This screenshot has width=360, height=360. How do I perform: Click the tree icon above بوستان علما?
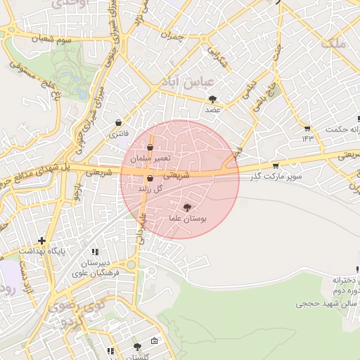[186, 207]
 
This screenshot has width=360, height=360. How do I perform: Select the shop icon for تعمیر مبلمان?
[150, 148]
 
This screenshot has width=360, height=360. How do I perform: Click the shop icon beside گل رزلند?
[149, 179]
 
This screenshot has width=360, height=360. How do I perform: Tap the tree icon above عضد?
[212, 99]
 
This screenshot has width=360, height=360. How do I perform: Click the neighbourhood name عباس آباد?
[188, 82]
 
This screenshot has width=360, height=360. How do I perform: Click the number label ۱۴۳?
[307, 139]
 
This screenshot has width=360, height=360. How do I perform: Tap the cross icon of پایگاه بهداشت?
[41, 240]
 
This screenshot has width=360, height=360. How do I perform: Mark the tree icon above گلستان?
[136, 347]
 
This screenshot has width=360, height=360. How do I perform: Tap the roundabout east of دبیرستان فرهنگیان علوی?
[131, 264]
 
